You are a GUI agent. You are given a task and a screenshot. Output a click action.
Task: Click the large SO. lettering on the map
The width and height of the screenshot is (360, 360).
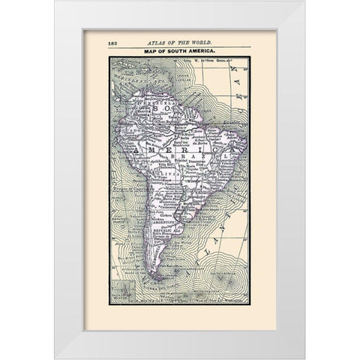[160, 110]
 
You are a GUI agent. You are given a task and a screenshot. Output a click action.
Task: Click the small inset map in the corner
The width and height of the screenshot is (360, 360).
[121, 289]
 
